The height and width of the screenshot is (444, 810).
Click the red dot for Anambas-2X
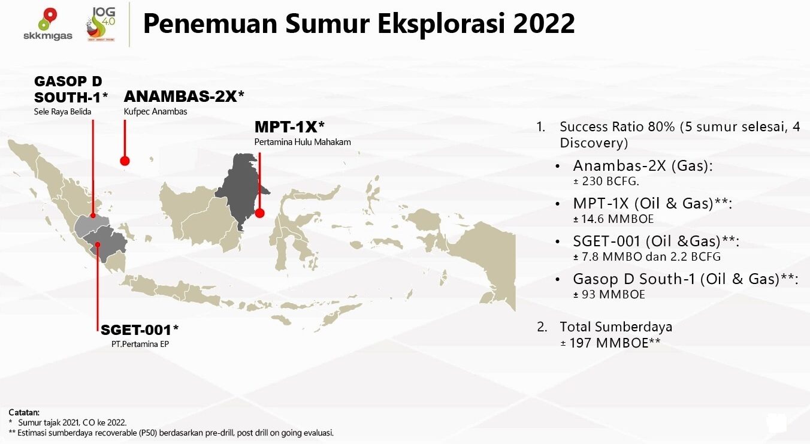coord(125,161)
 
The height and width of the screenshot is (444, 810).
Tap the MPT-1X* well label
coord(289,127)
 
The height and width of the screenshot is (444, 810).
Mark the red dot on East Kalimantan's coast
coord(260,213)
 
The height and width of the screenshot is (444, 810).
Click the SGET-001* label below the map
coord(140,330)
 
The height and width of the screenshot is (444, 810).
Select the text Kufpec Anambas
coord(155,111)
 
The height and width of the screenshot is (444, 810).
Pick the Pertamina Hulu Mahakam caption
coord(303,142)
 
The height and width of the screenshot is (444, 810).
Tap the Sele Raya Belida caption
coord(62,111)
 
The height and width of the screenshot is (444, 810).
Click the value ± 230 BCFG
coord(602,181)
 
